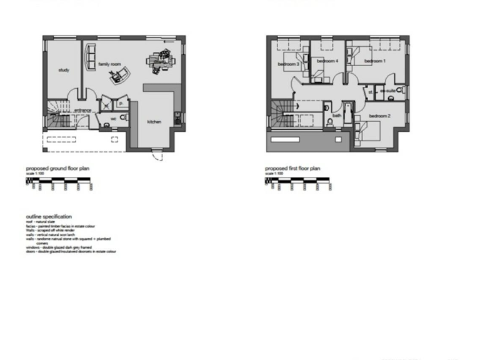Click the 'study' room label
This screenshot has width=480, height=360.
(63, 70)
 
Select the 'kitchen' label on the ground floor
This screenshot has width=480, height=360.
(154, 121)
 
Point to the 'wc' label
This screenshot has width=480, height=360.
(113, 118)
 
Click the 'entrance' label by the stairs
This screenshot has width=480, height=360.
(82, 111)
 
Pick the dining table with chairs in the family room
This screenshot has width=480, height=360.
(160, 60)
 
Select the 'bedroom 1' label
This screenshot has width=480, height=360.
(374, 61)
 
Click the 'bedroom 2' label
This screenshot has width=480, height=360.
(379, 116)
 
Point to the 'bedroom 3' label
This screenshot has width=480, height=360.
(289, 64)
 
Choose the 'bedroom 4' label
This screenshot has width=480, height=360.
(327, 61)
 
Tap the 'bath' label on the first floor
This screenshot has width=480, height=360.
(337, 115)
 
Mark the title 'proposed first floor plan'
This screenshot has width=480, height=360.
(292, 169)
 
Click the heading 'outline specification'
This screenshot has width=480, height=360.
(49, 216)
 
